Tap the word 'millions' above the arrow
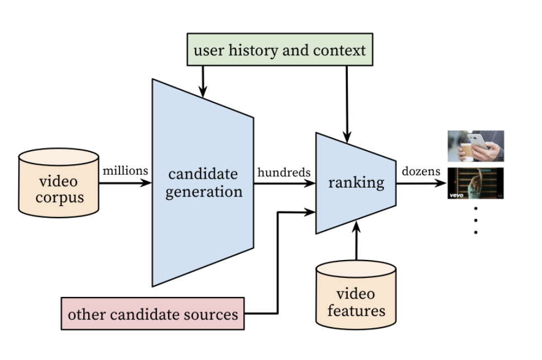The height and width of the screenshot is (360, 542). pos(126,171)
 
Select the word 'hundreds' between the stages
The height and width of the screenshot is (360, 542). pos(284,172)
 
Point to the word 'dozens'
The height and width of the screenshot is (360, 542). pos(421,171)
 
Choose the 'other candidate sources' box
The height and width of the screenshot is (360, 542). pos(152,314)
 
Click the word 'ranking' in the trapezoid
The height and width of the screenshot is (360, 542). pos(356,183)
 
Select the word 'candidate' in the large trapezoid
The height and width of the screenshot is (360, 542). pos(203,174)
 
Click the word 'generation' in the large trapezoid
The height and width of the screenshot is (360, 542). pos(203,192)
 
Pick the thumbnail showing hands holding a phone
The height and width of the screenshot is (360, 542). pos(476,146)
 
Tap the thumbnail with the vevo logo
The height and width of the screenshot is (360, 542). pos(476,183)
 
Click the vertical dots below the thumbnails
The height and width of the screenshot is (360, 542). pos(476,220)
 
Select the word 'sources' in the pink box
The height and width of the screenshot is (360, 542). pos(214,314)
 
